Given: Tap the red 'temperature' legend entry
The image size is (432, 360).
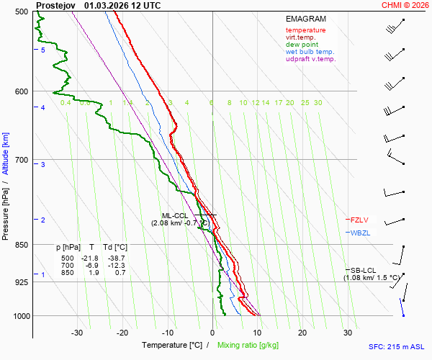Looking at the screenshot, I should pyautogui.click(x=305, y=30).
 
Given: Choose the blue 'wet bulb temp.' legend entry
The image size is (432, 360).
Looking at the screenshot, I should pyautogui.click(x=310, y=52).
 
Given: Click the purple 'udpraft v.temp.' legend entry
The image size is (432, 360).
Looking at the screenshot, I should pyautogui.click(x=310, y=59).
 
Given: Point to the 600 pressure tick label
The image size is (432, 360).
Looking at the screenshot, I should pyautogui.click(x=21, y=91).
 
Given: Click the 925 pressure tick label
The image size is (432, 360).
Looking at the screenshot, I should pyautogui.click(x=21, y=282).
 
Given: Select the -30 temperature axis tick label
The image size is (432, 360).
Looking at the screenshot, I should pyautogui.click(x=77, y=333).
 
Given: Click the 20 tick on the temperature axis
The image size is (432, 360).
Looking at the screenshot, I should pyautogui.click(x=302, y=333).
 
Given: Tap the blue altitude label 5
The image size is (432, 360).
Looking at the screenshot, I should pyautogui.click(x=43, y=50).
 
